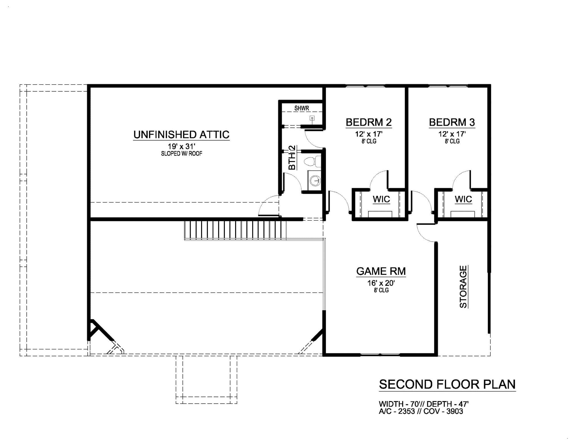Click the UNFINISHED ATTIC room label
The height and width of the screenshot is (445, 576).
[181, 135]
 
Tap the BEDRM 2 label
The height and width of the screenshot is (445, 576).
[369, 122]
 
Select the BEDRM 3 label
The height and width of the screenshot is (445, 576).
[452, 122]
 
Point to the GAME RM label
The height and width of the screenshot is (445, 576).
[381, 271]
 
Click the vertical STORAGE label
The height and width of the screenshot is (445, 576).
[463, 287]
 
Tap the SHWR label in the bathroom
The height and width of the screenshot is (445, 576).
[302, 108]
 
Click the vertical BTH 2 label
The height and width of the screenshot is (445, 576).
[292, 158]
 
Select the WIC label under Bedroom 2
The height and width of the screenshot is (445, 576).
[381, 199]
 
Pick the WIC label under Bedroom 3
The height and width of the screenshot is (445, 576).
[463, 199]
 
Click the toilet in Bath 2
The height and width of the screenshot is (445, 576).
[312, 161]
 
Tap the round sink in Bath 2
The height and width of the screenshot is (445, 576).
[315, 180]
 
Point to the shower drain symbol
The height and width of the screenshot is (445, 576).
[312, 118]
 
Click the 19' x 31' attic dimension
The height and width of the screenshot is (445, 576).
[182, 147]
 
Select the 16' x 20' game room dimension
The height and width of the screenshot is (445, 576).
[381, 283]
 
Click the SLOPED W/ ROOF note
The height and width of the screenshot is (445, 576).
[182, 154]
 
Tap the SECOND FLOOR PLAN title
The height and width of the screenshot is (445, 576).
[447, 385]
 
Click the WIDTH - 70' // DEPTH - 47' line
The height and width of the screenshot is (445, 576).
[424, 404]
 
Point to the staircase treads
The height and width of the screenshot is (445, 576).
[235, 230]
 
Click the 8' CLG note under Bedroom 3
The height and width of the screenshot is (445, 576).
[452, 141]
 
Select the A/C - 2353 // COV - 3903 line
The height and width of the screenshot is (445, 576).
[421, 412]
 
